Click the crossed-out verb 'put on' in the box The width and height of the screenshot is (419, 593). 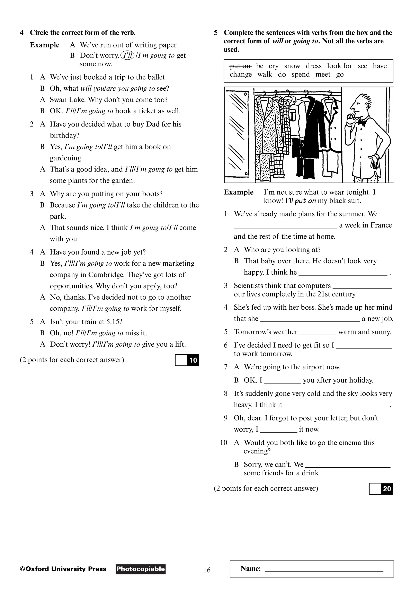(240, 66)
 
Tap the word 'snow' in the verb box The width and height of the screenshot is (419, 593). (292, 66)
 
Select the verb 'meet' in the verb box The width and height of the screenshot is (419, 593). (323, 75)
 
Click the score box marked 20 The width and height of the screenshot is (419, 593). (381, 489)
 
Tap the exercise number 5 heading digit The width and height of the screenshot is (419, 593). (216, 33)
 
